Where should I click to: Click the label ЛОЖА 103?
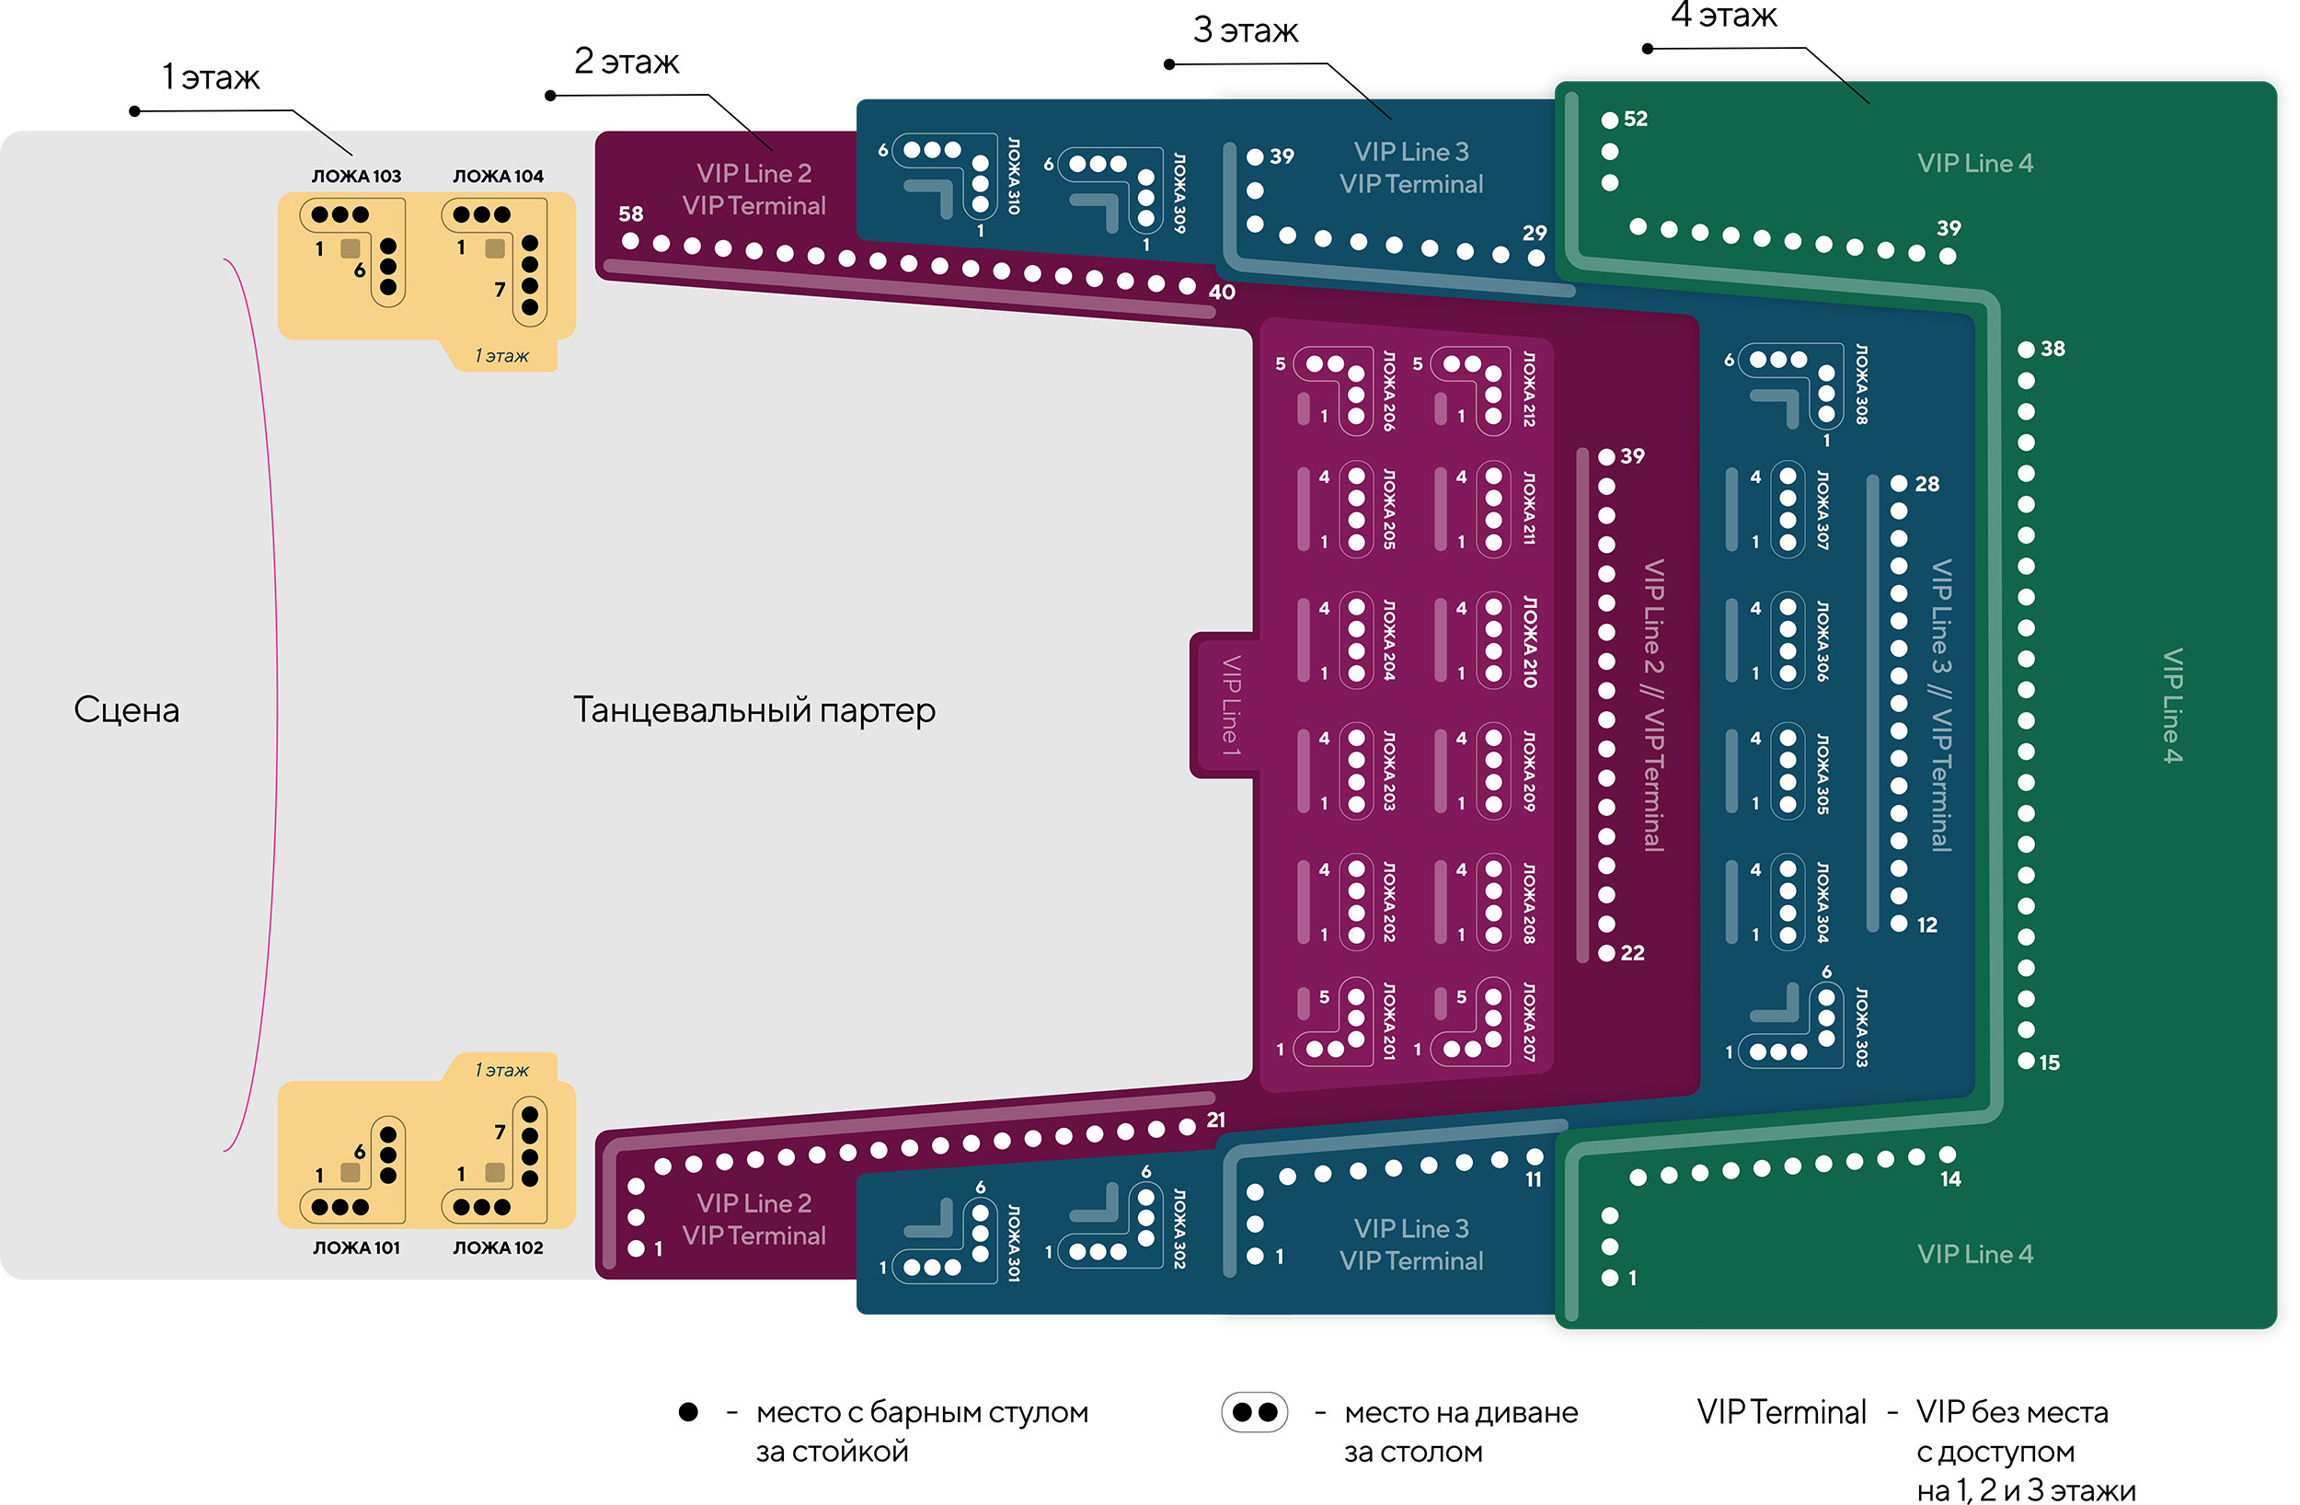(x=356, y=176)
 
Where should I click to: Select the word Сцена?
(x=127, y=709)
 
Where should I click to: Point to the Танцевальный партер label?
(x=753, y=709)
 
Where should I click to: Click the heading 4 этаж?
(x=1723, y=16)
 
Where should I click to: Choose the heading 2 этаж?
(x=627, y=61)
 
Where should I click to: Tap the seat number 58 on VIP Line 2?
(x=630, y=213)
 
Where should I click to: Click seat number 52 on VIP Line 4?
(x=1635, y=119)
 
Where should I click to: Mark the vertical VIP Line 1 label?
(x=1230, y=705)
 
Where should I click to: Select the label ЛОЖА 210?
(x=1530, y=641)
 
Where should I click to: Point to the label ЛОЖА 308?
(x=1861, y=384)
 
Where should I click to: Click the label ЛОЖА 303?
(x=1861, y=1027)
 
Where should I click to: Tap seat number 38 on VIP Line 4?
(x=2053, y=349)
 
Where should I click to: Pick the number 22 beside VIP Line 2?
(x=1632, y=953)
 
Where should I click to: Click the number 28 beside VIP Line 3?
(x=1927, y=484)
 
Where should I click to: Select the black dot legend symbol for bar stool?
(x=688, y=1412)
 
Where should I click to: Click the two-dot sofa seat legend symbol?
(x=1254, y=1412)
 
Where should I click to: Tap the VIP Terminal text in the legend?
(x=1781, y=1412)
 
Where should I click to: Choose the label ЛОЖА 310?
(x=1014, y=175)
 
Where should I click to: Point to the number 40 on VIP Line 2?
(x=1222, y=292)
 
